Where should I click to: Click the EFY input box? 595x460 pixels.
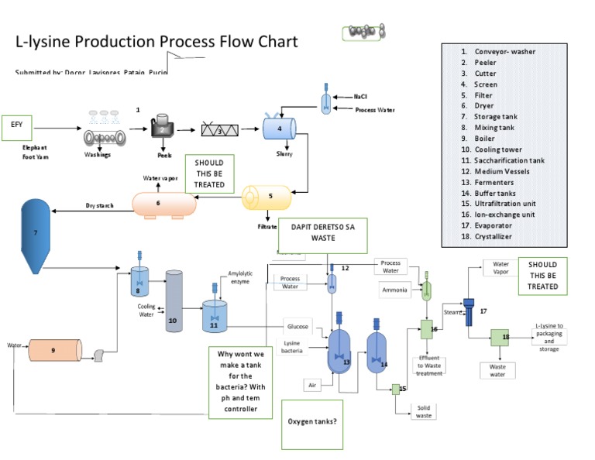point(17,125)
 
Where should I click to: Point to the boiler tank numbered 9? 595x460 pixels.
point(54,350)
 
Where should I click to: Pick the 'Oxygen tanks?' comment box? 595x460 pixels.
point(312,422)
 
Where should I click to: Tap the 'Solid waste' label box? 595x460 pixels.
point(424,410)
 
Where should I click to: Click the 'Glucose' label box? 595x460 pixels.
point(297,327)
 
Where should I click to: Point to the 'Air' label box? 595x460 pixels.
point(313,383)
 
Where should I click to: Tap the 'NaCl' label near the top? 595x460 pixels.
point(360,97)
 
